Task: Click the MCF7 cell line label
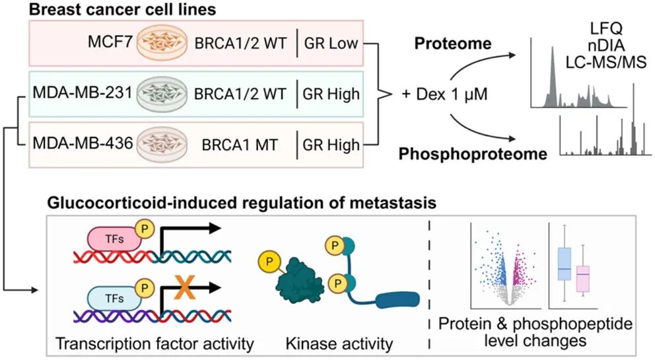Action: tap(110, 42)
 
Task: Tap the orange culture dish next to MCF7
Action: tap(161, 44)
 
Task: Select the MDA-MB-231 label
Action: tap(83, 93)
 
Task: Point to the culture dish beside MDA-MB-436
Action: tap(162, 144)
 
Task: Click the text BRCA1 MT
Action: tap(240, 145)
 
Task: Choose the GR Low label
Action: tap(331, 43)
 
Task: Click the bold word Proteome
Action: tap(453, 44)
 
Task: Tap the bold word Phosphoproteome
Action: tap(473, 154)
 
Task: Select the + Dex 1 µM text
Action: tap(444, 94)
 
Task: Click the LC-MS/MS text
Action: tap(605, 62)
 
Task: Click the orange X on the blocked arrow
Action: tap(185, 287)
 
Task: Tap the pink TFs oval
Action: tap(114, 239)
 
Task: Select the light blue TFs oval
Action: tap(114, 298)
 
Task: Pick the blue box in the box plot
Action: tap(565, 264)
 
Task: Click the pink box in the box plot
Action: tap(583, 279)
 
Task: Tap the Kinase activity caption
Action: tap(339, 343)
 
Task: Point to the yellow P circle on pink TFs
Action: tap(145, 229)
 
